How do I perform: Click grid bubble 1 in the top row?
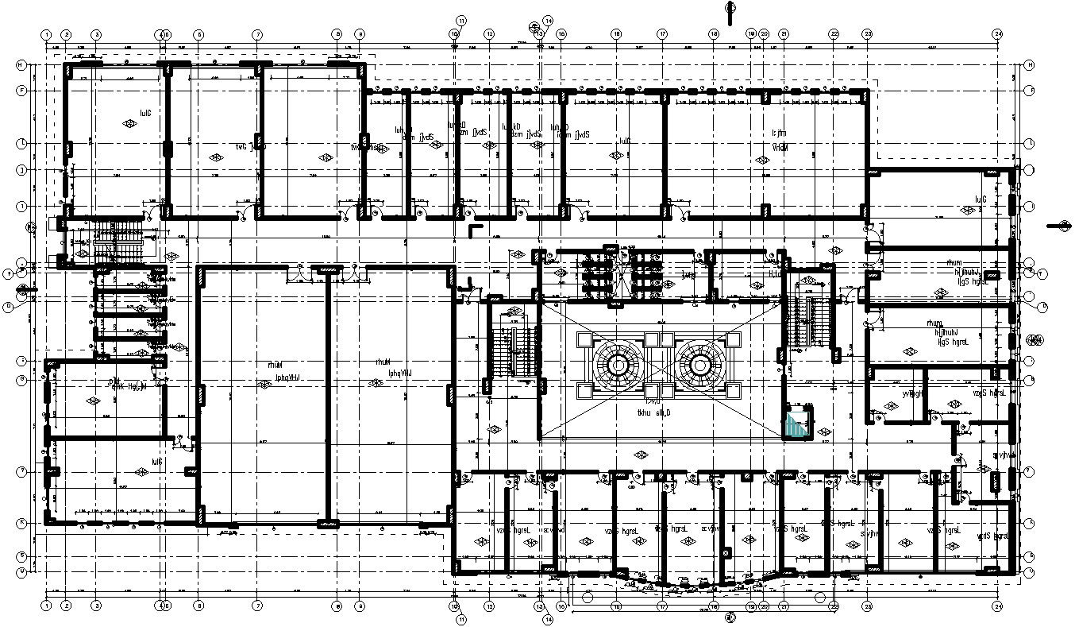(x=47, y=35)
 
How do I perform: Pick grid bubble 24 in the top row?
(x=999, y=35)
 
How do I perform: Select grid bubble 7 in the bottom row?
(x=257, y=606)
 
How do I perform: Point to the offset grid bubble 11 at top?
(x=461, y=20)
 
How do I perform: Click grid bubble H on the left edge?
(x=21, y=64)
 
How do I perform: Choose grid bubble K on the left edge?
(x=21, y=523)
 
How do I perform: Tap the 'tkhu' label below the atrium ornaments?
(x=645, y=412)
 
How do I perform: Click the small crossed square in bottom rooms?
(x=726, y=552)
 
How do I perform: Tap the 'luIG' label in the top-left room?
(x=145, y=113)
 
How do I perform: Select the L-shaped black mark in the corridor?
(x=475, y=230)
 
